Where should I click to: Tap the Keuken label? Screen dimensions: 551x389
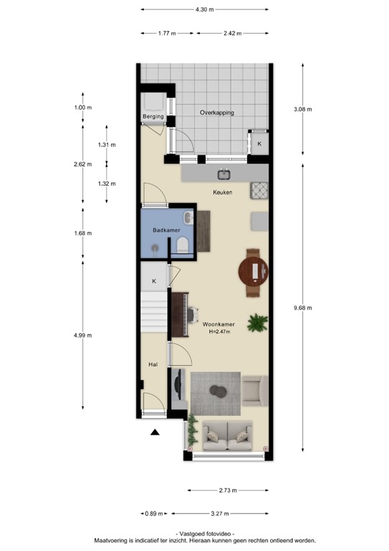click(x=223, y=193)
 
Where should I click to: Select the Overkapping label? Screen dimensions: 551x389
click(x=217, y=113)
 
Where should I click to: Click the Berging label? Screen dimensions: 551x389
click(x=153, y=116)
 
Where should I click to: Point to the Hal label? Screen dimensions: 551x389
click(x=153, y=365)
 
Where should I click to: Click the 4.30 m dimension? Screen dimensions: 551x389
click(x=204, y=9)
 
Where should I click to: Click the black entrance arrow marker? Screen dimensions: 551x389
click(x=155, y=432)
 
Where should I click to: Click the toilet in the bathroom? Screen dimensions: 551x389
click(x=183, y=246)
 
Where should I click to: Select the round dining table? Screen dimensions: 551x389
click(x=256, y=271)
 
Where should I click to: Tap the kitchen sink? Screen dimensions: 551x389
click(x=223, y=174)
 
